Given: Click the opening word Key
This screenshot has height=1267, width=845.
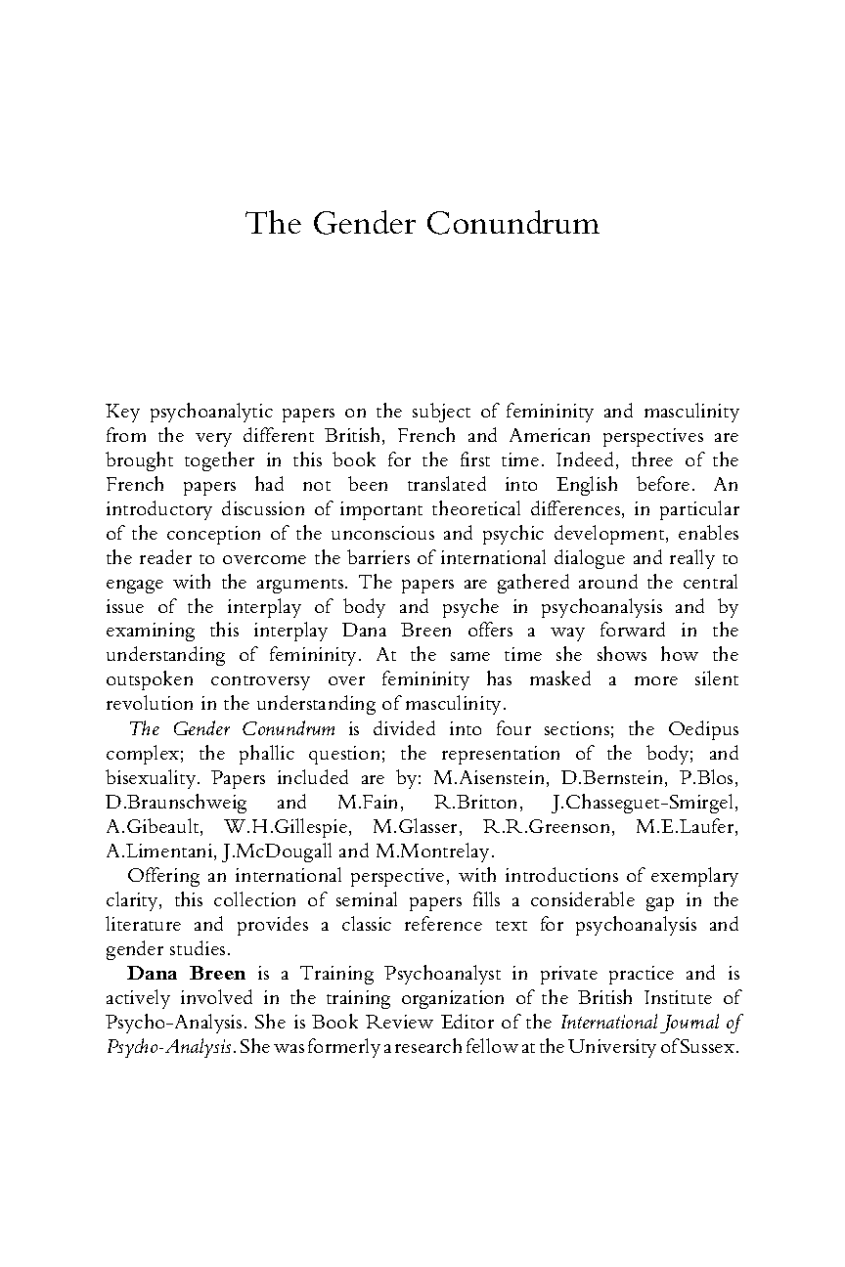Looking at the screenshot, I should tap(121, 412).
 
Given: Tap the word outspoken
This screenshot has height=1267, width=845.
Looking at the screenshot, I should tap(148, 679).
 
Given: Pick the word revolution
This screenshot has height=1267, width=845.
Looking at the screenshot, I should tap(146, 704).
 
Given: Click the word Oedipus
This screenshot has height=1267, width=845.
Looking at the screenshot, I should tap(703, 729).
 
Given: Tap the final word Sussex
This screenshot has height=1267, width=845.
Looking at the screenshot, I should tap(708, 1047).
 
